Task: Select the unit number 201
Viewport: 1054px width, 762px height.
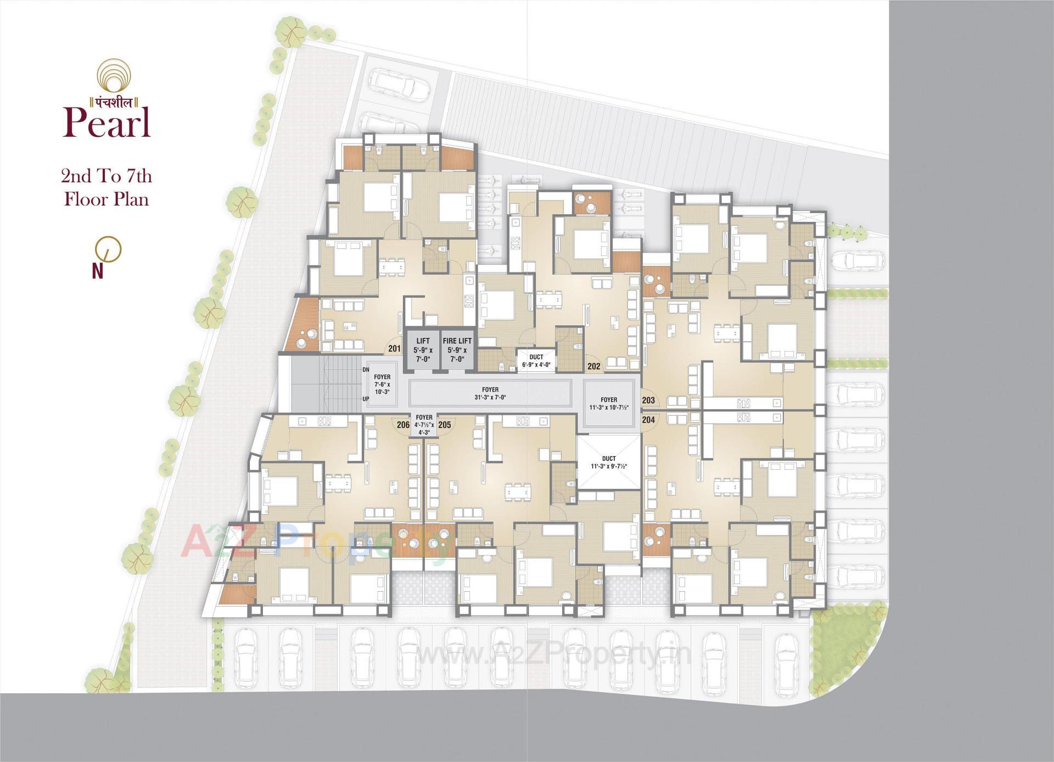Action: point(394,348)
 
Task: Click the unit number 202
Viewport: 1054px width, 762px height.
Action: point(593,366)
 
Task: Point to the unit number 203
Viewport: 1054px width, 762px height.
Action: point(648,401)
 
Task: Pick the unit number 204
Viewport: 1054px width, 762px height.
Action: point(648,420)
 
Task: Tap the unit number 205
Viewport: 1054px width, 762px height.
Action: point(445,425)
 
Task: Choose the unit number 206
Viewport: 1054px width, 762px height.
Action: point(403,425)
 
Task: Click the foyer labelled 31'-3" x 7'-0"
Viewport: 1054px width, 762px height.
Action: point(490,393)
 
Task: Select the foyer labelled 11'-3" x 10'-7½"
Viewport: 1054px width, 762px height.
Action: point(608,404)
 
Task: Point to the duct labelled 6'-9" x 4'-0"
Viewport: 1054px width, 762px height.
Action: point(536,361)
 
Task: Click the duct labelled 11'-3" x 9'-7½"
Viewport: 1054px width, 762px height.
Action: point(608,462)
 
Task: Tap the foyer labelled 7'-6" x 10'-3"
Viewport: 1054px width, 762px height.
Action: point(382,385)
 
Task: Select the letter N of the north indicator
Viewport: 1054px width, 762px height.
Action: point(98,271)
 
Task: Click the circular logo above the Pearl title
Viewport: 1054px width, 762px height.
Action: point(115,77)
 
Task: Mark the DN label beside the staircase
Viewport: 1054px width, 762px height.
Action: point(366,370)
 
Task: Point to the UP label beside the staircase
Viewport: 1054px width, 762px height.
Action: point(366,399)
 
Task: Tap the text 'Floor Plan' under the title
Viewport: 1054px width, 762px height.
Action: point(106,199)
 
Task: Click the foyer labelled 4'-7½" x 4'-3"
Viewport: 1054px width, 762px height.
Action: point(424,425)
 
